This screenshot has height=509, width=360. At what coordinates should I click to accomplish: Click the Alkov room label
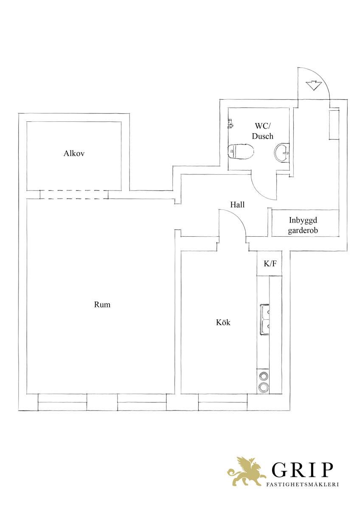coord(74,154)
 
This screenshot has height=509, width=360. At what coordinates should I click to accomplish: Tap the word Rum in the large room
coord(102,305)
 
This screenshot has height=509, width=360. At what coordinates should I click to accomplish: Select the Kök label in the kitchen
coord(223,322)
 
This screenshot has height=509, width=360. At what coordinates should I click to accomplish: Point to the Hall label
coord(237,205)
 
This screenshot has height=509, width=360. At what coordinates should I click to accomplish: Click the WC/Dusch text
coord(263,131)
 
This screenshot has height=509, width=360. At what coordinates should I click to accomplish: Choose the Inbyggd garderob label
coord(303,225)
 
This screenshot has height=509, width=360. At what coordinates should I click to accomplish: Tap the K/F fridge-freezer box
coord(270,263)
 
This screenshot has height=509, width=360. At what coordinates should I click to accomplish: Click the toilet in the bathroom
coord(241,151)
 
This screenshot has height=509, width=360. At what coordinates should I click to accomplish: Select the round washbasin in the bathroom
coord(282,152)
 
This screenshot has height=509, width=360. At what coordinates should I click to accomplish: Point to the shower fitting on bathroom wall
coord(230,123)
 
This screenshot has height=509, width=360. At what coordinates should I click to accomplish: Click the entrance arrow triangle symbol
coord(314,85)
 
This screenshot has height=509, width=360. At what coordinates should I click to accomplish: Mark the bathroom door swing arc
coord(260,190)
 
